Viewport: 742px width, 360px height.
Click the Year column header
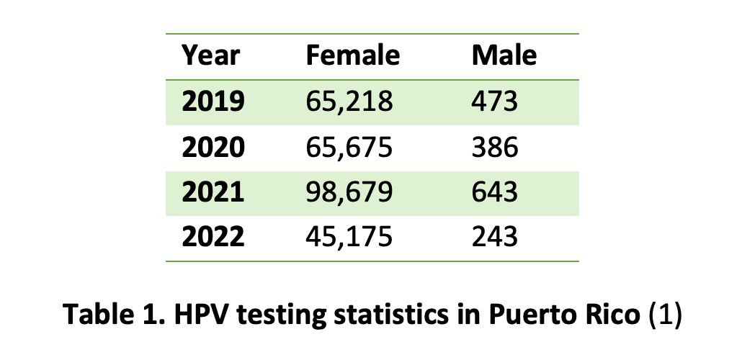pos(210,55)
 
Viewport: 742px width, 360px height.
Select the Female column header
pos(352,55)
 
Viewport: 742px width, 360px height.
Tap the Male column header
pos(504,55)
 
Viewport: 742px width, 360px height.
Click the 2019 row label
pos(213,102)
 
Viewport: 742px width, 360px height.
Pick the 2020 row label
pos(213,147)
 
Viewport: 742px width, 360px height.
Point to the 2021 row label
pos(213,192)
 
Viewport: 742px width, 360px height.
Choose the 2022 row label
pos(213,237)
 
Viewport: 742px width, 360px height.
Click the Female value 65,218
pos(349,102)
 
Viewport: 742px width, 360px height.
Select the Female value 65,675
pos(349,147)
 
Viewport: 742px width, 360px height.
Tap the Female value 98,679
pos(349,192)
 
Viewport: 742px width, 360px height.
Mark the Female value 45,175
pos(349,237)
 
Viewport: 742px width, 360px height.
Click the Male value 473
pos(494,102)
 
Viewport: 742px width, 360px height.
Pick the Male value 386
pos(494,147)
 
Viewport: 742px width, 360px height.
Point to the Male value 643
pos(494,192)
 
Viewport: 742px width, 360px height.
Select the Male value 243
pos(494,237)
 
